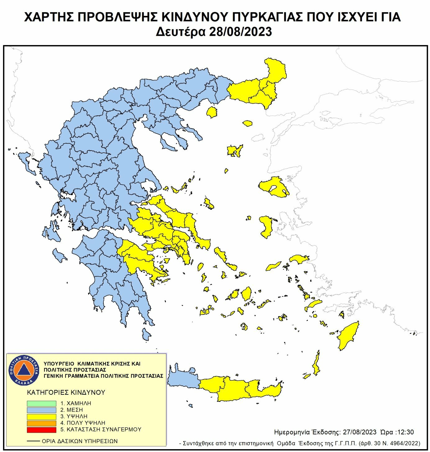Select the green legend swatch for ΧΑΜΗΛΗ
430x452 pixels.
(x=41, y=403)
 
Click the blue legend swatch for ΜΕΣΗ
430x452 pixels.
(x=41, y=410)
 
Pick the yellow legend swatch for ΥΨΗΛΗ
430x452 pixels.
(x=41, y=417)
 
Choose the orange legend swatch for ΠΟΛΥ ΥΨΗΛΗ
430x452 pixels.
(x=41, y=423)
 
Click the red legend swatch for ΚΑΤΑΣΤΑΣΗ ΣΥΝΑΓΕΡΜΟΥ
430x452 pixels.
(x=41, y=430)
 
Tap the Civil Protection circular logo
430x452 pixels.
(x=24, y=370)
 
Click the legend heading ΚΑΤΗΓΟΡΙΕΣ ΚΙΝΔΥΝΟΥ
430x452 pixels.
(x=66, y=392)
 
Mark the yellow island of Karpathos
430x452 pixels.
(x=317, y=364)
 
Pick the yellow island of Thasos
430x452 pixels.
(x=212, y=112)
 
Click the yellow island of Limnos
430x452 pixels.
(x=235, y=151)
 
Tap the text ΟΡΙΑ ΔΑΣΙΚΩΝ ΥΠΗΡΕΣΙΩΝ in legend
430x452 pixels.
(x=80, y=441)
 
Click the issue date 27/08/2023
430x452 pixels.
(x=359, y=432)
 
